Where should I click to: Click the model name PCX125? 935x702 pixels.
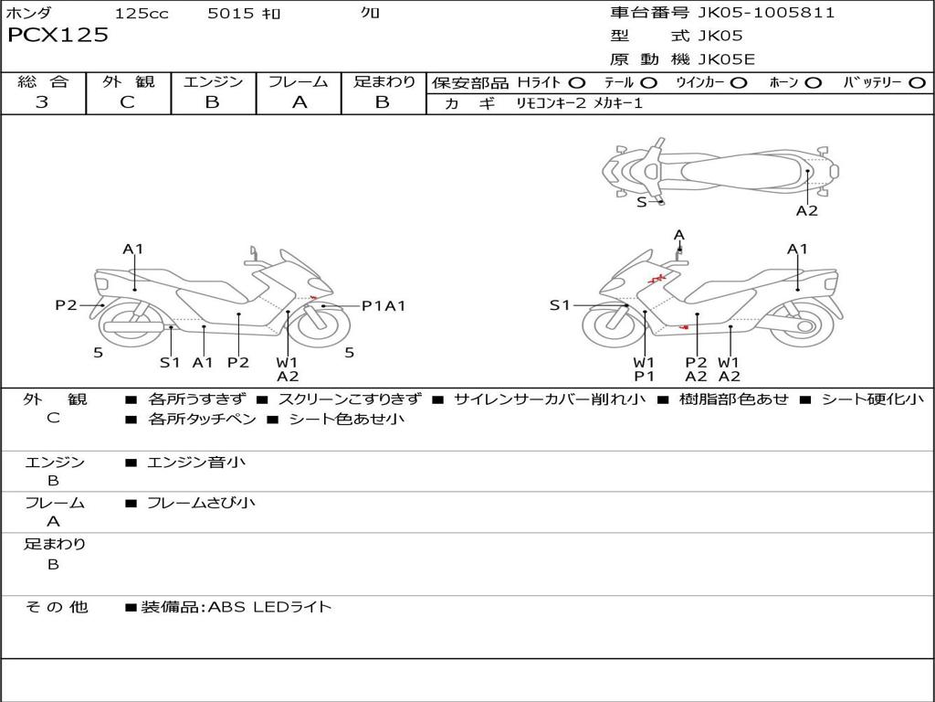[x=58, y=36]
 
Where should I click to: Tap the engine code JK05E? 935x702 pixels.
[x=727, y=60]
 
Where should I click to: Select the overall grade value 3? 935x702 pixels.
[x=42, y=102]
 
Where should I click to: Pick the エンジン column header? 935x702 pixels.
[x=213, y=81]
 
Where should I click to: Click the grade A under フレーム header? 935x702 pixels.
[x=299, y=102]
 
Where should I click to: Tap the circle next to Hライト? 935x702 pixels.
[x=577, y=82]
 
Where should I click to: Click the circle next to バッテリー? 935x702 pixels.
[x=917, y=82]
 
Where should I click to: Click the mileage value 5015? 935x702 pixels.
[x=231, y=14]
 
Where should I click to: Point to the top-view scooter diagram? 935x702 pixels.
[x=720, y=169]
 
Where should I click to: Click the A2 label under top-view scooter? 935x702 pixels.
[x=806, y=211]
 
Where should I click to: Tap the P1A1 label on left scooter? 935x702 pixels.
[x=383, y=306]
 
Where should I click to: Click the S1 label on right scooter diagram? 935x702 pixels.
[x=560, y=305]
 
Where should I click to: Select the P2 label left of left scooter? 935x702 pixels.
[x=66, y=305]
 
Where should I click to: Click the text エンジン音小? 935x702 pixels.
[x=196, y=463]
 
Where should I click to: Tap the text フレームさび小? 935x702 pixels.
[x=201, y=503]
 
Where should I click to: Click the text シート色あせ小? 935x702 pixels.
[x=347, y=420]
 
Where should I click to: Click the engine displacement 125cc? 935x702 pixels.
[x=142, y=14]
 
